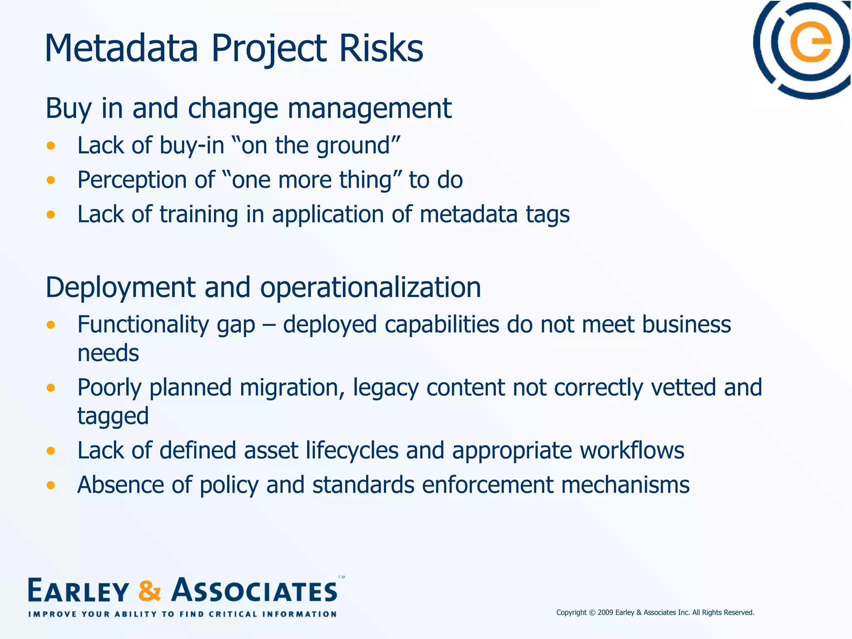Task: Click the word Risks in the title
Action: click(x=381, y=49)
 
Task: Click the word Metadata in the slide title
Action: click(x=121, y=49)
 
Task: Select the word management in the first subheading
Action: click(x=369, y=109)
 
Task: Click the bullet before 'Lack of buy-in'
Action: click(x=51, y=146)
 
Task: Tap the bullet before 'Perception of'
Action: click(x=51, y=180)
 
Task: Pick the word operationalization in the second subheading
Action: click(x=370, y=288)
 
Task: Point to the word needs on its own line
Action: click(x=108, y=354)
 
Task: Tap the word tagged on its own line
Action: click(x=113, y=416)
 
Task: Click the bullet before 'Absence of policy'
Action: click(x=51, y=485)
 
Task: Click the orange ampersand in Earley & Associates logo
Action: click(x=149, y=591)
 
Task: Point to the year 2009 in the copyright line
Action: click(x=605, y=612)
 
